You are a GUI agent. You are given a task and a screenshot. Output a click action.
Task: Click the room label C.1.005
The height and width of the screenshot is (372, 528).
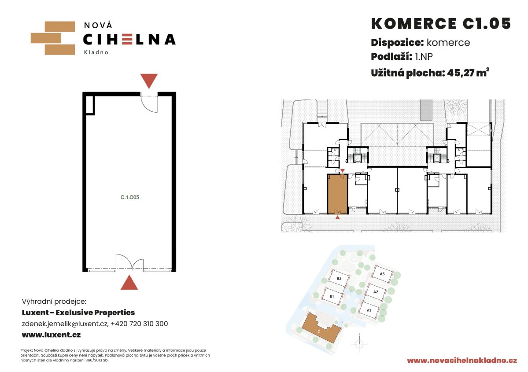tap(129, 197)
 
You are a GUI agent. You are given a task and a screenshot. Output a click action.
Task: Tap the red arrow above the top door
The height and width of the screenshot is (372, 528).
tap(149, 81)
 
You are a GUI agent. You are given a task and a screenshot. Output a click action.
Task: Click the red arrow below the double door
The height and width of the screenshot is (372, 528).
tap(129, 283)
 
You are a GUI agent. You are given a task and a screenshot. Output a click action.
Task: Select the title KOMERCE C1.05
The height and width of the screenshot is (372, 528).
tap(441, 24)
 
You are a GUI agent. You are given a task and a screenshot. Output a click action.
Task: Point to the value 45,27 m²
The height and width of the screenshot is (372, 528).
tap(468, 73)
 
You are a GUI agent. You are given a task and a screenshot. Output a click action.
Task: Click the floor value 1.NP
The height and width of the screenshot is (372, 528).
tap(424, 56)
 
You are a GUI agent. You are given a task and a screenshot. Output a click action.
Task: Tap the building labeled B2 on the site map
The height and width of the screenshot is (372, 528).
tap(339, 278)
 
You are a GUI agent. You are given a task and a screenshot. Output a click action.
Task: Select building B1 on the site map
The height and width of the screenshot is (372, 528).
tap(332, 296)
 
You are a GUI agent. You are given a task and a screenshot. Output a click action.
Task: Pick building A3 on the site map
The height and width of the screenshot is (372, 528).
tap(382, 274)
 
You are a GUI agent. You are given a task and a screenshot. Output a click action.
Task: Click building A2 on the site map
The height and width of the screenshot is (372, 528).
tap(376, 292)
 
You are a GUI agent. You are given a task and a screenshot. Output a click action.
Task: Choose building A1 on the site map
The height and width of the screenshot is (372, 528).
tap(369, 310)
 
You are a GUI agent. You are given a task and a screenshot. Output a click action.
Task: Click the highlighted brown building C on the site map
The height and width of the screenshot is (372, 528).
tap(320, 330)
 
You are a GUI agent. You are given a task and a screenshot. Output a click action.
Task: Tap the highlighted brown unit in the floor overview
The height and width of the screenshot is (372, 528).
tap(337, 194)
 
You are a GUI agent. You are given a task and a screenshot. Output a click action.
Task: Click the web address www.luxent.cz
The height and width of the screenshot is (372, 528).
tap(51, 335)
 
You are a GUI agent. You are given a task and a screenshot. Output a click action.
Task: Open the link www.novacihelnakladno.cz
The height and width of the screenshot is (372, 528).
tap(462, 361)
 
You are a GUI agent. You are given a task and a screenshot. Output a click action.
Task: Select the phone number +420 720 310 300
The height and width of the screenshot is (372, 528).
tap(140, 324)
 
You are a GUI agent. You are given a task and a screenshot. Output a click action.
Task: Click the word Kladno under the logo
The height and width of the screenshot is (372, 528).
tap(96, 52)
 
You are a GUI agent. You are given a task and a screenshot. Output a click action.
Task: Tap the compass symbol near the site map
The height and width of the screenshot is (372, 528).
tap(359, 344)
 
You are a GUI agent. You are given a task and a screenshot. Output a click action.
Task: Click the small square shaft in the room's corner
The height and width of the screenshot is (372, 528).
tap(90, 105)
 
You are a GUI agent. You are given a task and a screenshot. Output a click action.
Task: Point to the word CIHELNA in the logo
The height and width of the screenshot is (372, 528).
tap(129, 39)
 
